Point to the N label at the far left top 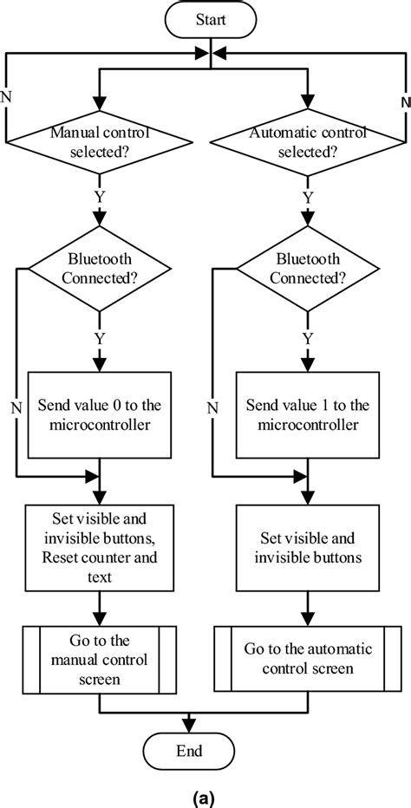click(8, 95)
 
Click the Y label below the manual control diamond click(100, 197)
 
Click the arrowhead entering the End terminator click(190, 725)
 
